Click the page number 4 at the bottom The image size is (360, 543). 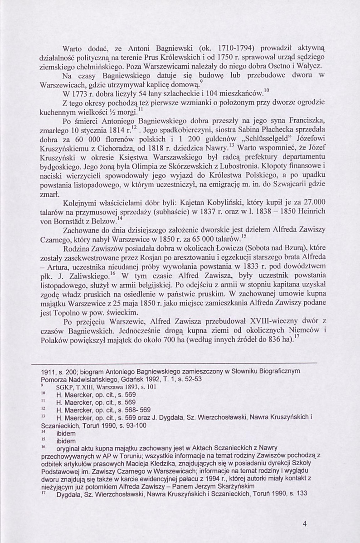coord(305,524)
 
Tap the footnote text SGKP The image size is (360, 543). coord(66,387)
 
